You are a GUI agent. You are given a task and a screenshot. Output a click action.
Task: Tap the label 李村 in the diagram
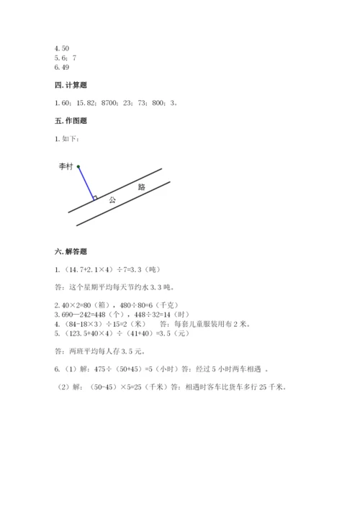click(x=66, y=166)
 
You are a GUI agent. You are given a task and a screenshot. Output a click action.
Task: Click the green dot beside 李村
click(x=78, y=166)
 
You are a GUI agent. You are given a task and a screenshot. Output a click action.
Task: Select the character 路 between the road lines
click(x=141, y=186)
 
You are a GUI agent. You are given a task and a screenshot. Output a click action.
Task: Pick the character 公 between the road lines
click(x=112, y=199)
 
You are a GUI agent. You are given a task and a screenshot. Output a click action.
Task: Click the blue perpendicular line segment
click(x=86, y=182)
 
